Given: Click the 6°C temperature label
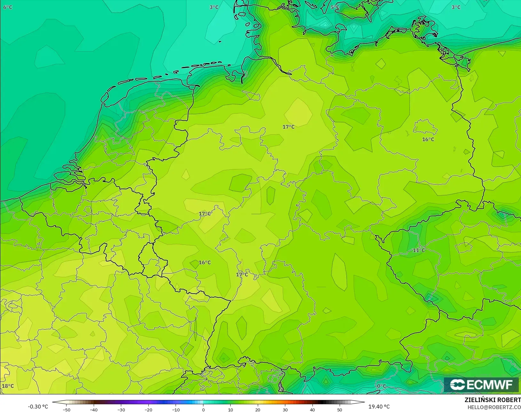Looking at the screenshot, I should pos(8,7).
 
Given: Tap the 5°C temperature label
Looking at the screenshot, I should pos(335,7).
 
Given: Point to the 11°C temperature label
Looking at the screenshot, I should pos(419,250).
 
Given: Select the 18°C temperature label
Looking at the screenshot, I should pos(8,386).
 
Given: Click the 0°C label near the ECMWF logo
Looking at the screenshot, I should pos(382,386).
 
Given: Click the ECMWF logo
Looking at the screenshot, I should pos(481,384).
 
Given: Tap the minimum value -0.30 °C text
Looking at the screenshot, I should pos(38,407).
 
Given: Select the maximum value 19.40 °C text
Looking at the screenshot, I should pos(379,407).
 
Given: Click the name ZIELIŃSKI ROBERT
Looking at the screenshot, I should pos(493,400).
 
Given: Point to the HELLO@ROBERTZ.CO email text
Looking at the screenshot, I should pos(494,408).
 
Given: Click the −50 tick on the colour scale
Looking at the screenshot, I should pos(67,409).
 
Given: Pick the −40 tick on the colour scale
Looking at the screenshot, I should pos(94,409).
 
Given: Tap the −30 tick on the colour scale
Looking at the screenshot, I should pos(121,409).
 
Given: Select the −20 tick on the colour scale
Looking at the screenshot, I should pos(148,409).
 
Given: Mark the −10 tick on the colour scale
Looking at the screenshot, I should pos(176,409).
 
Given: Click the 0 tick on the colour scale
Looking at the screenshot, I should pos(203,409).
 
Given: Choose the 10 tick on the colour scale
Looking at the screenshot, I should pos(230,409).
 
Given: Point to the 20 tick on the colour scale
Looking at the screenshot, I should pos(258,409).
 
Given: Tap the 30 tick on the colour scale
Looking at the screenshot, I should pos(285,409).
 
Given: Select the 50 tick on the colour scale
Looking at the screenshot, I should pos(340,409).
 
